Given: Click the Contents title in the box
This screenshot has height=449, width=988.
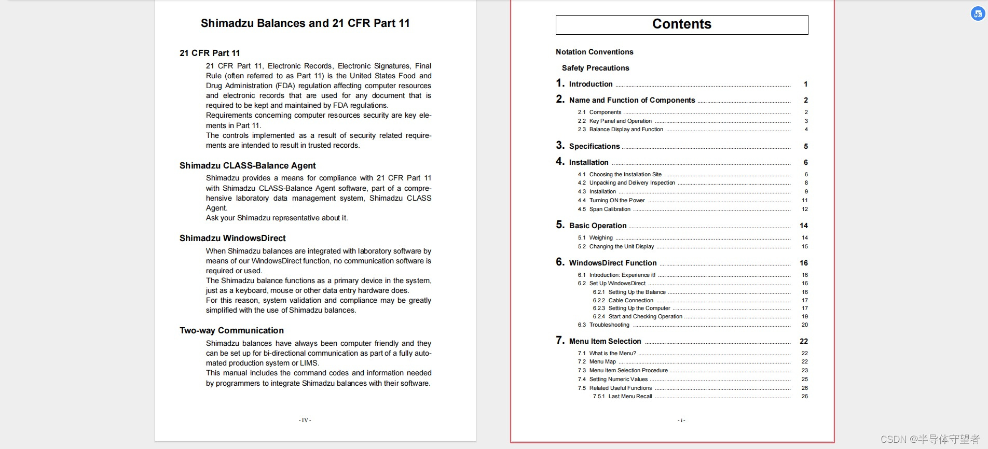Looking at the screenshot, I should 681,24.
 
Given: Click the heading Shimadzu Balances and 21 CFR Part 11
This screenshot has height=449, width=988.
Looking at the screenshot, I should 305,23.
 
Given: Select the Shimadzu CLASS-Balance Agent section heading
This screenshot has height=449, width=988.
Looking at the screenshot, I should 248,166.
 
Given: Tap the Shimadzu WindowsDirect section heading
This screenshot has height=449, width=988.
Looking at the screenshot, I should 232,238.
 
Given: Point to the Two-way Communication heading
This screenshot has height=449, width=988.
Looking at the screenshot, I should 231,331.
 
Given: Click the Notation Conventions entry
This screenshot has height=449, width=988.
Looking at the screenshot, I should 594,52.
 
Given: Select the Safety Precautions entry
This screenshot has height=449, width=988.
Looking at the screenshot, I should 595,68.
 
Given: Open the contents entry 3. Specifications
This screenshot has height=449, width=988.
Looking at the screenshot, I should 594,146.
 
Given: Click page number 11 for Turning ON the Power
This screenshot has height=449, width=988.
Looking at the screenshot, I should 805,201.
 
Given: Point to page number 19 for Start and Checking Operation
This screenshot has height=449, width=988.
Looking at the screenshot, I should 805,316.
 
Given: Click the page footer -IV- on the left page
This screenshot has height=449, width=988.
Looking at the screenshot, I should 305,420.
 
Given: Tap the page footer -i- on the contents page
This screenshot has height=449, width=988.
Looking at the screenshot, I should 681,420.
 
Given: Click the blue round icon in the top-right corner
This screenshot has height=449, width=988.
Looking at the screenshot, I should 978,14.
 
